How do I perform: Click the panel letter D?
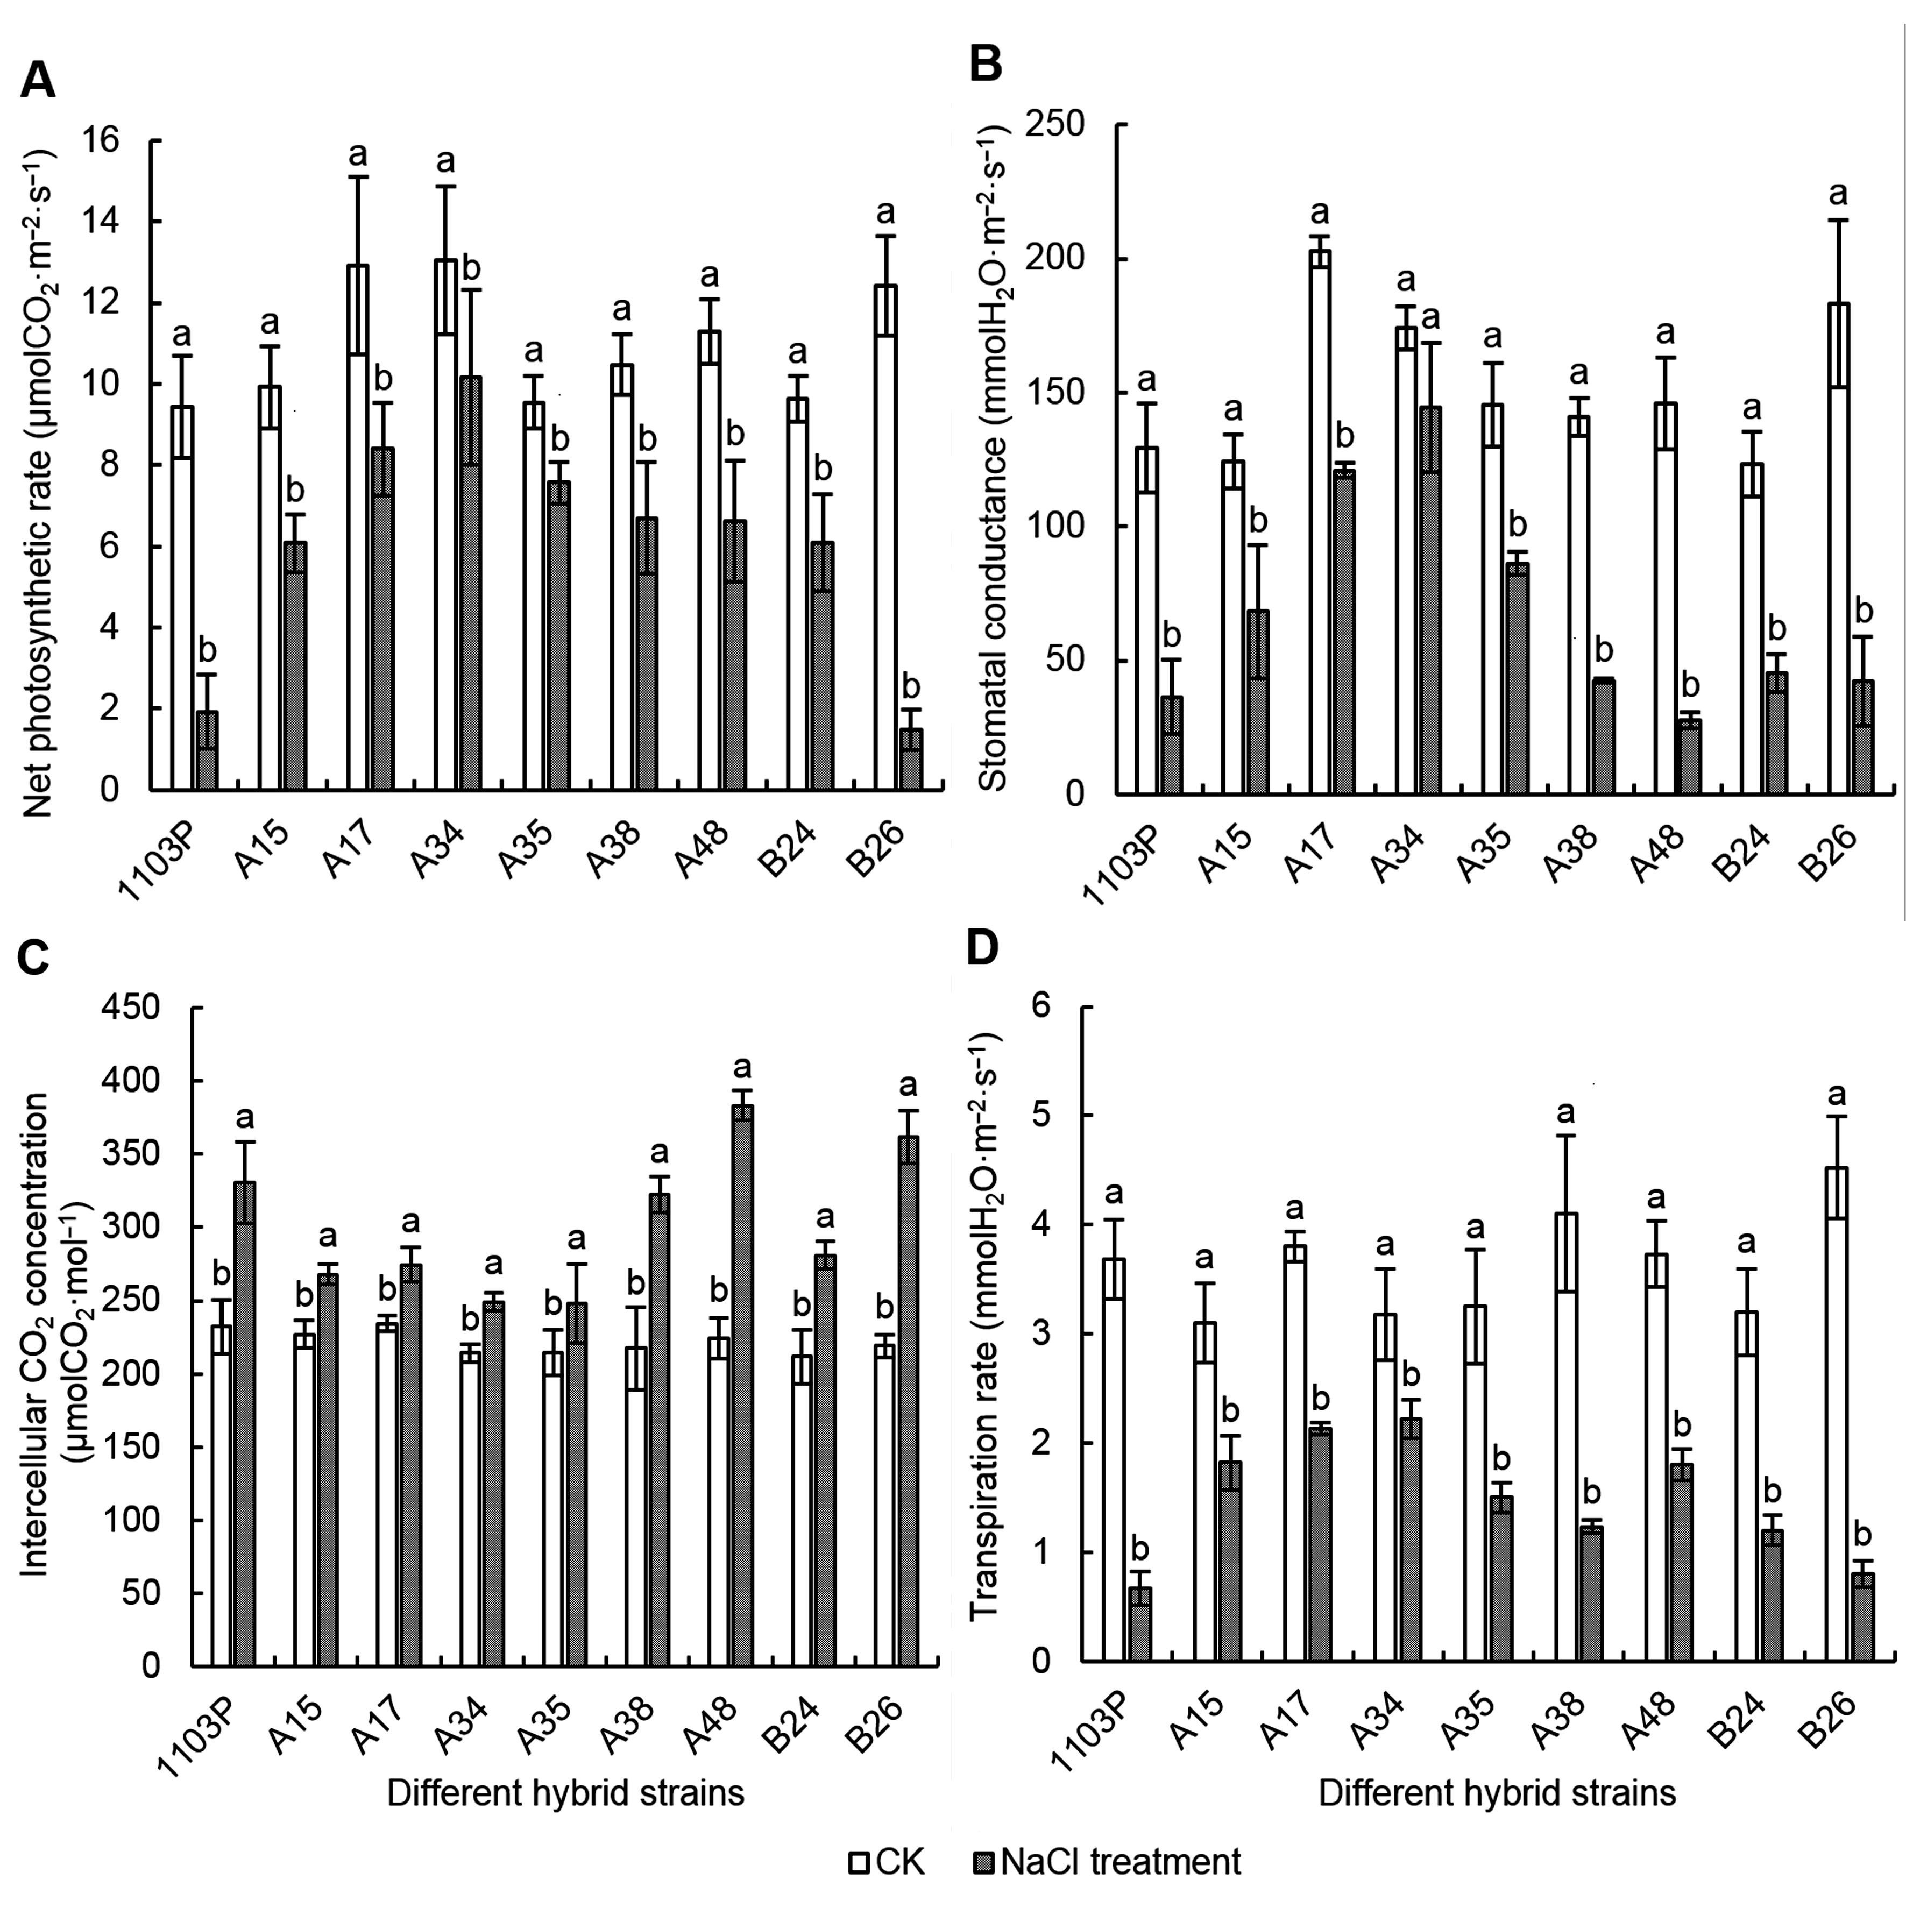pos(983,948)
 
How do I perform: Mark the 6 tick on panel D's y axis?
pos(1043,1008)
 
